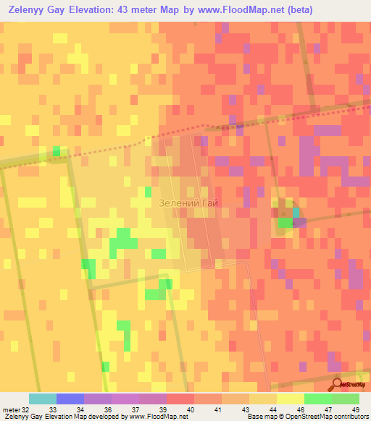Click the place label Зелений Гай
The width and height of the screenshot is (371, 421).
pyautogui.click(x=188, y=204)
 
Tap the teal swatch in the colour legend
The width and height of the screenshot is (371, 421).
pyautogui.click(x=43, y=399)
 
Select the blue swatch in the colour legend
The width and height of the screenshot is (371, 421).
pyautogui.click(x=70, y=399)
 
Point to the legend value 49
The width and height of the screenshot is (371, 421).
pyautogui.click(x=355, y=410)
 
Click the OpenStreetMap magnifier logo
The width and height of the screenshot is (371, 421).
pyautogui.click(x=338, y=385)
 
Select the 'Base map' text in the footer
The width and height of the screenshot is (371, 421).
pyautogui.click(x=259, y=417)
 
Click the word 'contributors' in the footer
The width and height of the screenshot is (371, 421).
pyautogui.click(x=352, y=417)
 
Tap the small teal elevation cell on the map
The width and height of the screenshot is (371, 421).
pyautogui.click(x=296, y=212)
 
